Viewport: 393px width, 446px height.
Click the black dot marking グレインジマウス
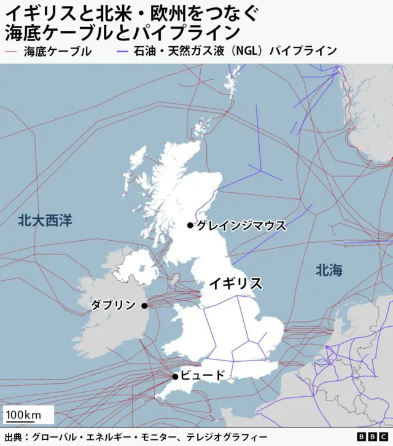coord(190,225)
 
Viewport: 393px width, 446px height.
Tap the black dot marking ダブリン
coord(144,305)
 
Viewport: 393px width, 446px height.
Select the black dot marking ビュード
coord(175,376)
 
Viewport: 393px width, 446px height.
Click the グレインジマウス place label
coord(241,225)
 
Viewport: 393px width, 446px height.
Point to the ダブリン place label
coord(114,305)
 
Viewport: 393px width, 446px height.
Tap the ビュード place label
coord(203,375)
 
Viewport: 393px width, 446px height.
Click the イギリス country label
coord(236,283)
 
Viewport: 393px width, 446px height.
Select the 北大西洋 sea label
coord(45,221)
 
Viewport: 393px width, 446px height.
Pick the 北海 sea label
coord(329,270)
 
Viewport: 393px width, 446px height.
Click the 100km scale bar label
coord(24,415)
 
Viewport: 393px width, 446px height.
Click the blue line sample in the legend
coord(123,52)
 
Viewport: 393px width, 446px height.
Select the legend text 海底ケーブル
coord(57,52)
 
